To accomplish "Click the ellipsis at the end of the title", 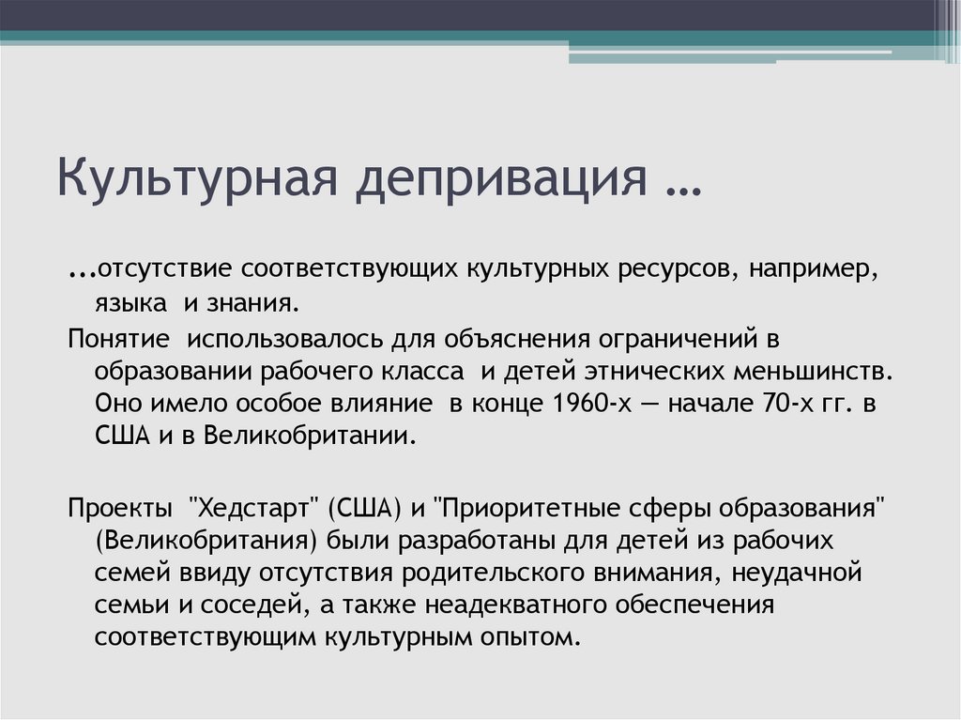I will click(x=676, y=183).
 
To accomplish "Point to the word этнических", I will click(x=663, y=371).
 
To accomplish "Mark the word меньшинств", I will click(x=818, y=371).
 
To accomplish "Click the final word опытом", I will click(x=531, y=638).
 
